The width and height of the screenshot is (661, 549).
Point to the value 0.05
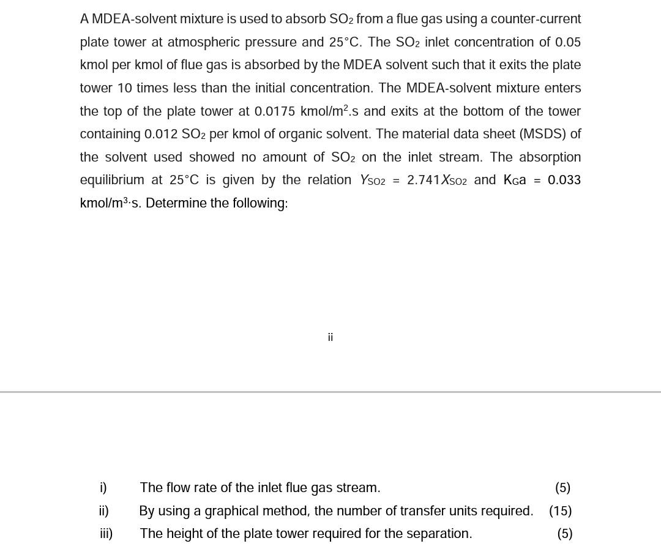tap(567, 42)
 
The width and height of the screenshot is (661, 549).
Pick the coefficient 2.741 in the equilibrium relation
tap(424, 180)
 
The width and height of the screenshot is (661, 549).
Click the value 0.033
tap(564, 180)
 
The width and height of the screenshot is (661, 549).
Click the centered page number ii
tap(330, 337)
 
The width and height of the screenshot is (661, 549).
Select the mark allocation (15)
tap(560, 511)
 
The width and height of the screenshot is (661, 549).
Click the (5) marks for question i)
tap(562, 488)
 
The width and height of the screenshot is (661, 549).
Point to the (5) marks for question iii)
tap(564, 534)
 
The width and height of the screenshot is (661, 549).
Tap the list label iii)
tap(106, 534)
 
